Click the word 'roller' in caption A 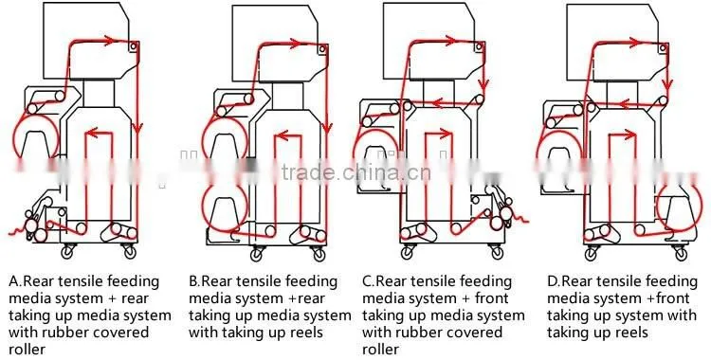(27, 350)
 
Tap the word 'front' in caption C (491, 298)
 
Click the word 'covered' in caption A (120, 333)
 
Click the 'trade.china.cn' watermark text (356, 173)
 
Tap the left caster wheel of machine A (69, 250)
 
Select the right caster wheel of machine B (319, 253)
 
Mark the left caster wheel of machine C (408, 252)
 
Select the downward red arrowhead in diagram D (666, 83)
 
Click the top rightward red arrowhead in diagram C (449, 41)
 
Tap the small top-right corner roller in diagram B (322, 48)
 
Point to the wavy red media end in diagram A (17, 231)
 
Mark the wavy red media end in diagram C (520, 220)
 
